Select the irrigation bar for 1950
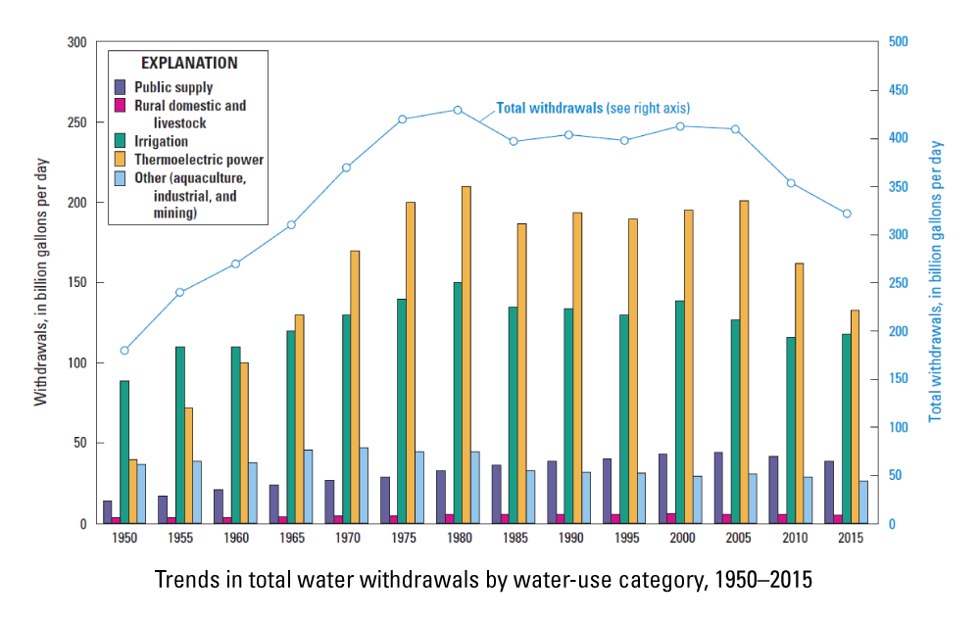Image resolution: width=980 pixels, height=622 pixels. [x=124, y=452]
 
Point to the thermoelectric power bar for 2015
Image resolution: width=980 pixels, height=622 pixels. [x=856, y=416]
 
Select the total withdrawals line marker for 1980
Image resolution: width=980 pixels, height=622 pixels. [x=458, y=110]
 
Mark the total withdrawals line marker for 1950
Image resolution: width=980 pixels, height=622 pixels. [x=124, y=351]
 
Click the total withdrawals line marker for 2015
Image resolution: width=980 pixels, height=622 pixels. [x=847, y=214]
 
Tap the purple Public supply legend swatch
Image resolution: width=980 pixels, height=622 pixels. [x=121, y=87]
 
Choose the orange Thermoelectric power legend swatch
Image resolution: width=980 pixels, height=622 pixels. [x=121, y=160]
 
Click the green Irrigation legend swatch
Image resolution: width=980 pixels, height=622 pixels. [x=121, y=141]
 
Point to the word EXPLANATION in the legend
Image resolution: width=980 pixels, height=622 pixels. [x=189, y=63]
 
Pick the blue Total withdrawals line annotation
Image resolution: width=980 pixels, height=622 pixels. [x=599, y=108]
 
